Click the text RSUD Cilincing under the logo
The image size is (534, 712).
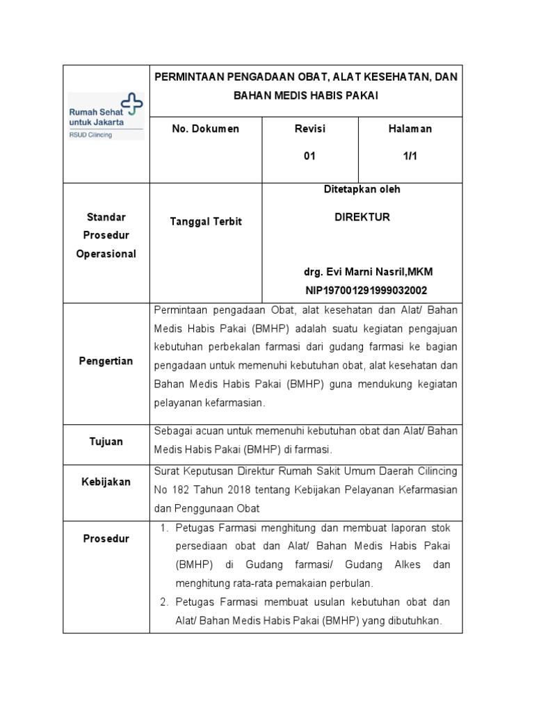pos(90,135)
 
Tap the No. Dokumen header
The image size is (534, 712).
pos(205,129)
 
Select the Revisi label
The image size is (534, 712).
pos(309,129)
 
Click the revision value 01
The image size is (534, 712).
pos(309,156)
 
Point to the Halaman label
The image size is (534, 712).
pos(410,129)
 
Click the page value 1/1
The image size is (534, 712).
pos(410,156)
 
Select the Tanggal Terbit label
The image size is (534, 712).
pos(206,221)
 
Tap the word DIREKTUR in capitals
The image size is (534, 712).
pos(362,217)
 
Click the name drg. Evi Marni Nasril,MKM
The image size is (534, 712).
pos(362,271)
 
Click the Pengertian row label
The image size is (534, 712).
pos(106,362)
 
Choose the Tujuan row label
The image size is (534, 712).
pos(106,442)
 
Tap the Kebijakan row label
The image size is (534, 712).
pos(106,482)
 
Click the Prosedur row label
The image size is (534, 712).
pos(106,539)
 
